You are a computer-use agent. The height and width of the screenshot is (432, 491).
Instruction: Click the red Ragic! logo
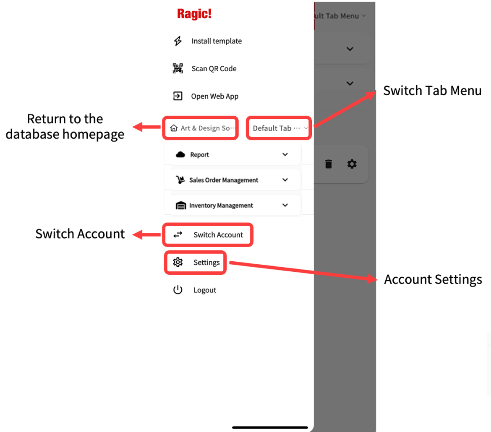click(x=194, y=14)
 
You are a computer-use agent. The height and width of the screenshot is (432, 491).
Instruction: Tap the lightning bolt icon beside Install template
click(x=178, y=41)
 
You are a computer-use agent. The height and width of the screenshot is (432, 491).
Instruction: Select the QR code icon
click(x=178, y=68)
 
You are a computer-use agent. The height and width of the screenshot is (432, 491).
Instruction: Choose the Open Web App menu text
click(x=215, y=96)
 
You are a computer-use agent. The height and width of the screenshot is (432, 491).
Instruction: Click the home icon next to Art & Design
click(x=174, y=128)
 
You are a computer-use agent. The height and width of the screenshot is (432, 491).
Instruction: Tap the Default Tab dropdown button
click(x=279, y=128)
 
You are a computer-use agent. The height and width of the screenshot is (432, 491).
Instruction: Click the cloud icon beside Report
click(x=180, y=155)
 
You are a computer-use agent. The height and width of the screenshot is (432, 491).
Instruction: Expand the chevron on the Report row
click(x=285, y=154)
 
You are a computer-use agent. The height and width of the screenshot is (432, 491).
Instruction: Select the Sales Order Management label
click(x=224, y=180)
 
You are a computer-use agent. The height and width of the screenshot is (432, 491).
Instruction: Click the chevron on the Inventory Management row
click(x=285, y=205)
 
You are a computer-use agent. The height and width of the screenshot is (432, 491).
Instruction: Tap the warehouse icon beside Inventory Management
click(x=181, y=206)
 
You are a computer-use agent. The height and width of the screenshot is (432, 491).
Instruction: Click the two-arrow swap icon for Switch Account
click(x=178, y=235)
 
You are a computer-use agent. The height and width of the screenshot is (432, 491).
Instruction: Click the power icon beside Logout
click(x=178, y=290)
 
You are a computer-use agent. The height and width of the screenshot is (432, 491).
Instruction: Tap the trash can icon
click(x=329, y=164)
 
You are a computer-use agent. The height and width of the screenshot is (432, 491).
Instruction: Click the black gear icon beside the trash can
click(x=352, y=164)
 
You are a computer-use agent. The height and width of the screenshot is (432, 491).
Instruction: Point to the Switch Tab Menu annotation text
click(x=432, y=91)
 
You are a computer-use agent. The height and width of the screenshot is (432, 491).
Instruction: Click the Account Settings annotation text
click(x=433, y=280)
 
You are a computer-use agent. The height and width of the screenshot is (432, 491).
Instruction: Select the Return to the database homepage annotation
click(x=65, y=127)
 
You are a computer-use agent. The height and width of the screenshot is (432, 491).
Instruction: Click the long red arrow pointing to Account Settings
click(x=303, y=271)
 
